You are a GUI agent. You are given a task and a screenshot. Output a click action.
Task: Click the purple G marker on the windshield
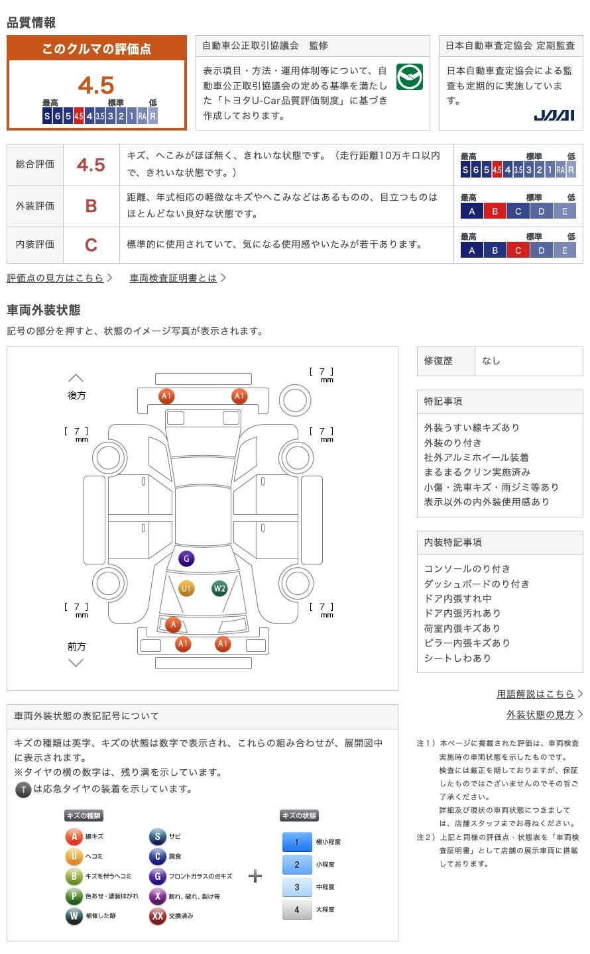(186, 558)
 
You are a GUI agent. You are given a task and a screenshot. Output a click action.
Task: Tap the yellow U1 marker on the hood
(186, 588)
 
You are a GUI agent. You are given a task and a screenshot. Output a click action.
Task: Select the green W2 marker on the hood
(219, 588)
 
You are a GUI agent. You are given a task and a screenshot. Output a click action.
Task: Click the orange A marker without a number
(173, 624)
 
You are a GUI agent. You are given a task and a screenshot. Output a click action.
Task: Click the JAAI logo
(554, 115)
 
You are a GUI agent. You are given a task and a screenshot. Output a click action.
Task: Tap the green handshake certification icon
(409, 78)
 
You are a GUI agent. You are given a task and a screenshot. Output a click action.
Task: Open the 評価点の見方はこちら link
(59, 278)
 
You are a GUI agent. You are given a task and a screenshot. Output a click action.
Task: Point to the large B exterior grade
(91, 206)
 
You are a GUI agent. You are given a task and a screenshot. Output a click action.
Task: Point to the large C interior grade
(91, 244)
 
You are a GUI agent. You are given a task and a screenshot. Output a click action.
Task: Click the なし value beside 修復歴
(491, 361)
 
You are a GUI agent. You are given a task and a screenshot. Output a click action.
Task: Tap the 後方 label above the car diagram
(77, 395)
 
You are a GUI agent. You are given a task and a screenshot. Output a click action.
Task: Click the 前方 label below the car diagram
(77, 646)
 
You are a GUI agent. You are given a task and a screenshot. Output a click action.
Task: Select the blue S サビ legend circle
(157, 837)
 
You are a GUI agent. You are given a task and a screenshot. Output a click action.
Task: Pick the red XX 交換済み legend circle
(157, 916)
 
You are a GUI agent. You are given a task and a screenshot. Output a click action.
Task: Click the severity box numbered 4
(296, 910)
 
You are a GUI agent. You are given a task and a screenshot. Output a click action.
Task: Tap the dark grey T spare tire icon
(23, 790)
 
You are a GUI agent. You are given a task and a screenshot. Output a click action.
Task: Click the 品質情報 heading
(31, 23)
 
